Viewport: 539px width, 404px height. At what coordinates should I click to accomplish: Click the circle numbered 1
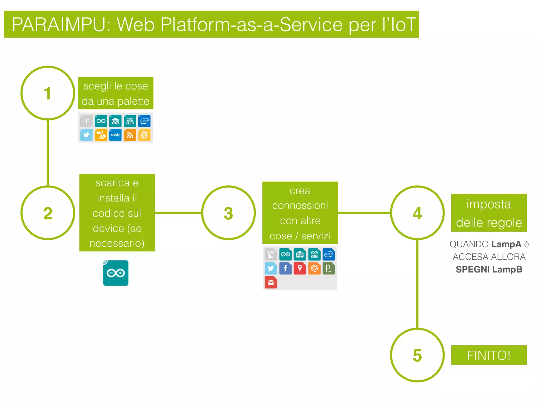point(48,93)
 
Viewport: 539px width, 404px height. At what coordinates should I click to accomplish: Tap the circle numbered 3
point(228,213)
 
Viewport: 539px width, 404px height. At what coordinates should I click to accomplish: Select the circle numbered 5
point(417,355)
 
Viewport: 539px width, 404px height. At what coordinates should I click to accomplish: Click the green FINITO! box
point(489,355)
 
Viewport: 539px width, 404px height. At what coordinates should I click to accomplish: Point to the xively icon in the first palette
point(115,135)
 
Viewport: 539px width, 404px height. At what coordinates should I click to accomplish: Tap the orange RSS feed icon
point(130,135)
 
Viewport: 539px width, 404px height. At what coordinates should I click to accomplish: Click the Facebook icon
point(285,268)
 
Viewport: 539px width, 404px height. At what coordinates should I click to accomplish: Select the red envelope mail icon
point(271,282)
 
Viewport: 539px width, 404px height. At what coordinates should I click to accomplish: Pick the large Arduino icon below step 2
point(116,273)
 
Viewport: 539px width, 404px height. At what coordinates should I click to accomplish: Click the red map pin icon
point(300,268)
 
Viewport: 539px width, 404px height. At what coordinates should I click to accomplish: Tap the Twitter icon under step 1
point(86,135)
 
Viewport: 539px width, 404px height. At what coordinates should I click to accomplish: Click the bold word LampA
point(506,244)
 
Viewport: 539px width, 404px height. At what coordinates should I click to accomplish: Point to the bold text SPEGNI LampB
point(489,269)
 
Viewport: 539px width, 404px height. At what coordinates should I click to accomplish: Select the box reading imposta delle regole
point(489,213)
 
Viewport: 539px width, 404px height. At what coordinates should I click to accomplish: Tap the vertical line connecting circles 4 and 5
point(417,284)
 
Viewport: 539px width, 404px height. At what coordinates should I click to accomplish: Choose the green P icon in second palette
point(329,268)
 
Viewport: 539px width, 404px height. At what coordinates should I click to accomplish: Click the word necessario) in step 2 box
point(117,243)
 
